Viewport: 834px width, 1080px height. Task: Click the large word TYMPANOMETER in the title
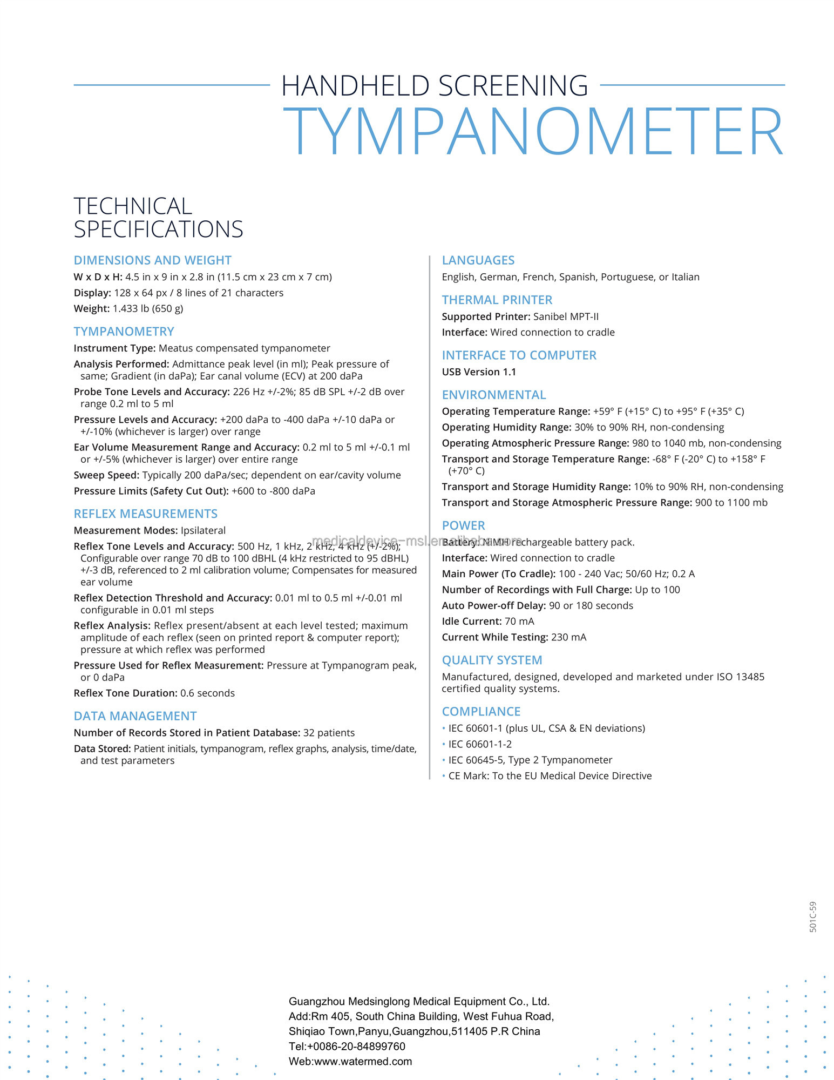[532, 132]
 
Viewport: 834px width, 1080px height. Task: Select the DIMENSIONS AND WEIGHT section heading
[152, 260]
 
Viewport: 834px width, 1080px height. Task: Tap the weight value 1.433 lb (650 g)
[148, 308]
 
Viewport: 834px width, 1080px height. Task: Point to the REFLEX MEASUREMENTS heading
[146, 514]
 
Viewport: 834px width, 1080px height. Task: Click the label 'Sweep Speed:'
[106, 475]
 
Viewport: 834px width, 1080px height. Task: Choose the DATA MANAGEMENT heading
[135, 716]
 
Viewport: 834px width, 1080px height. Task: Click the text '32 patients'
[329, 733]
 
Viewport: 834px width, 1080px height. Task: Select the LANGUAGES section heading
[478, 260]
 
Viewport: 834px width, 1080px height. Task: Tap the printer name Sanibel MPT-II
[566, 316]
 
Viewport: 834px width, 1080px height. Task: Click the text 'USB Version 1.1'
[479, 372]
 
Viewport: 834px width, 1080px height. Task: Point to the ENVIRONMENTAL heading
[493, 395]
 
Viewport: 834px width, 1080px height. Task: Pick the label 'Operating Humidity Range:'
[506, 427]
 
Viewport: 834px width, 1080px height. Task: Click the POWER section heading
[463, 525]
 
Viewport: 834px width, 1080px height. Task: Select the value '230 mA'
[568, 637]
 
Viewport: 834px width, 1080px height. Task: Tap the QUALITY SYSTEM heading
[492, 660]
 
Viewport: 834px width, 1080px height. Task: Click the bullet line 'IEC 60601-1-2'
[480, 744]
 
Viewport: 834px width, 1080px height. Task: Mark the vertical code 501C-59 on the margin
[813, 917]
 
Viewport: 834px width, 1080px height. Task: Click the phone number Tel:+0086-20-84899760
[347, 1046]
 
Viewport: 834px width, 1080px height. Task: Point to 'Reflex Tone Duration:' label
[125, 693]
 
